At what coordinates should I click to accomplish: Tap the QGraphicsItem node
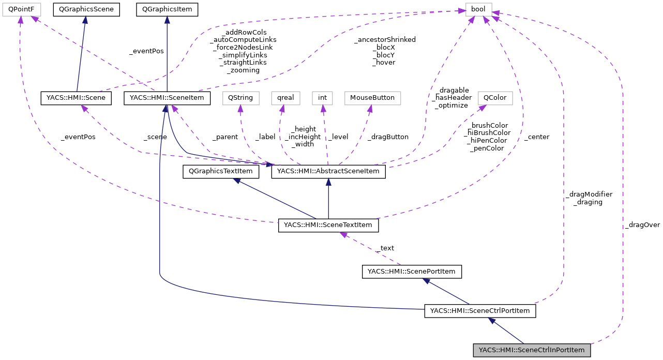pos(167,9)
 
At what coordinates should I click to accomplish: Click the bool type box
pos(478,9)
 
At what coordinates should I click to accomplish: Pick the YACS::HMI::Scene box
pos(77,98)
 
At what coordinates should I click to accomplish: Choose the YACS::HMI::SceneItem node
pos(167,98)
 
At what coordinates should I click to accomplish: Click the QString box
pos(239,98)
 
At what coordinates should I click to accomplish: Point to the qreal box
pos(282,98)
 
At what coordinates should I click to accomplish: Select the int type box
pos(322,98)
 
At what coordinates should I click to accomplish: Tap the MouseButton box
pos(372,98)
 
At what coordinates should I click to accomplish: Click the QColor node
pos(495,98)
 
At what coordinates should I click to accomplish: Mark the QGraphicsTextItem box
pos(220,171)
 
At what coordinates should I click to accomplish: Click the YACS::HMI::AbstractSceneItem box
pos(328,171)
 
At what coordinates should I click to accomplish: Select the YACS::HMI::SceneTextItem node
pos(328,226)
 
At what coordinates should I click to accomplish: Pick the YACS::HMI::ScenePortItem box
pos(411,271)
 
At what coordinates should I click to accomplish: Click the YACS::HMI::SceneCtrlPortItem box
pos(479,311)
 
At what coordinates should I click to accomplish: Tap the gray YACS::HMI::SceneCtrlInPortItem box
pos(532,350)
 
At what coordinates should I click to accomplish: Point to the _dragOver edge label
pos(642,225)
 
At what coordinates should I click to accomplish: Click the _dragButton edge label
pos(387,137)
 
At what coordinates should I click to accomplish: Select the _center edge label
pos(536,137)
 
